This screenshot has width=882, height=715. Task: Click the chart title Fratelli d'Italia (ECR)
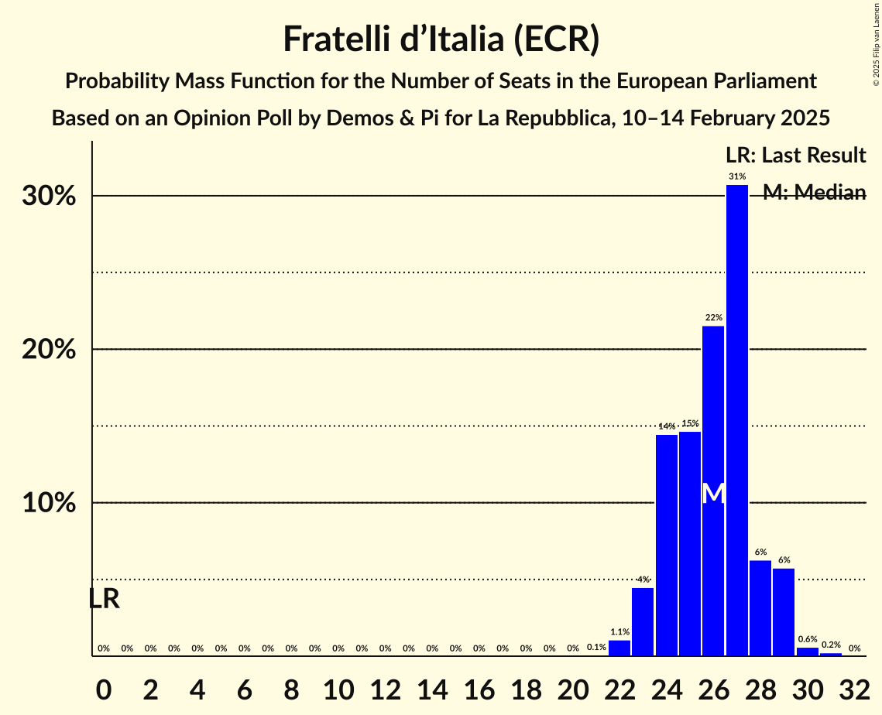coord(441,39)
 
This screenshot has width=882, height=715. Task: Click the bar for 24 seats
coord(666,545)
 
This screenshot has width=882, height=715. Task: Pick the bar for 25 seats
coord(690,543)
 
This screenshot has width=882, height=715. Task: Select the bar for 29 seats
coord(784,612)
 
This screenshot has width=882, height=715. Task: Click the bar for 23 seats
coord(643,621)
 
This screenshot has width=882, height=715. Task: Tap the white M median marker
coord(713,494)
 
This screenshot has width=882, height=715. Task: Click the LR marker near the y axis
coord(104,599)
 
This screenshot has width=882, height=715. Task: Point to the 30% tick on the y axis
coord(49,197)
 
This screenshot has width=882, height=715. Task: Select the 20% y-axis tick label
coord(49,350)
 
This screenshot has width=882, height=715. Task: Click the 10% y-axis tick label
coord(49,503)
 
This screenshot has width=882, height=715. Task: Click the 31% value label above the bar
coord(736,176)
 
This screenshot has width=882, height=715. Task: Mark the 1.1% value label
coord(619,631)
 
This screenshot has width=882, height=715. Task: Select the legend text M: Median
coord(814,193)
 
